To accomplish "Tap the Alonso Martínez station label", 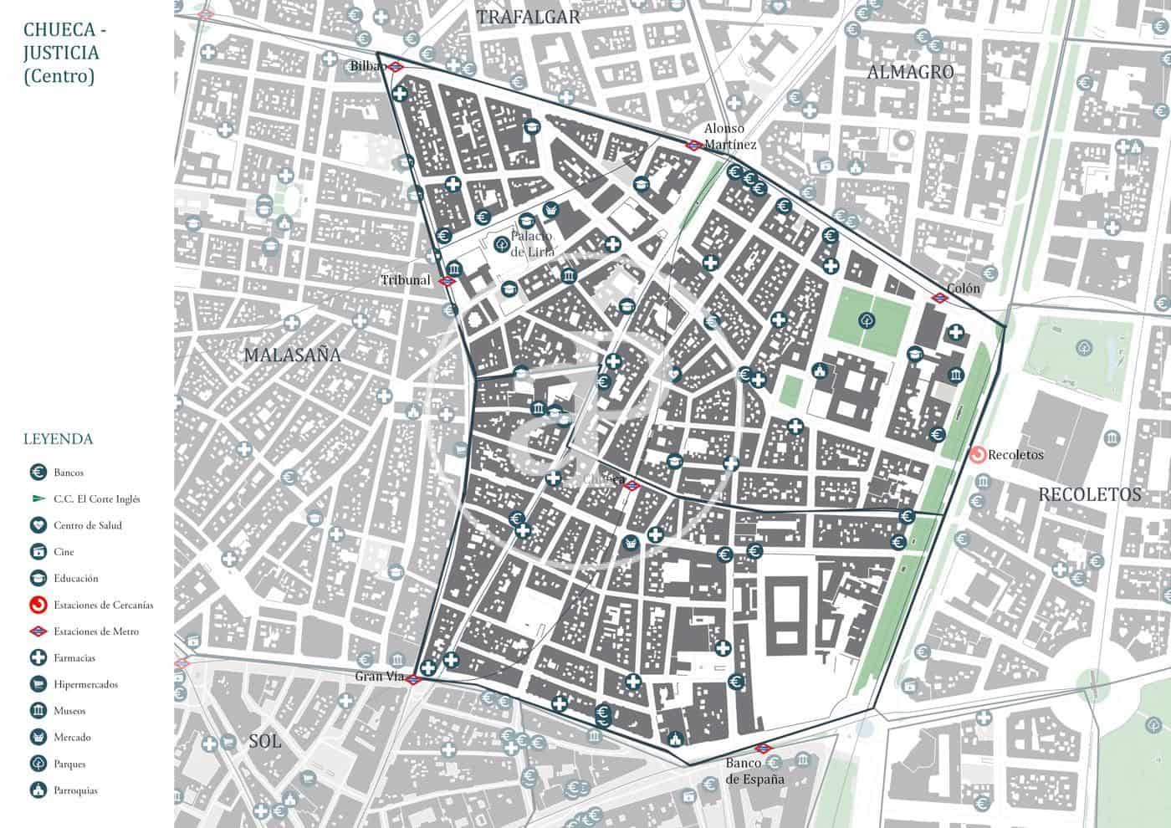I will pos(729,136).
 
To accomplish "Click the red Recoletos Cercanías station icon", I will pos(977,455).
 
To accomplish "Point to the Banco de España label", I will pos(754,771).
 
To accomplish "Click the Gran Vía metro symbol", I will pos(415,678).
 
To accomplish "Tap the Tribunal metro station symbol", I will pos(447,281).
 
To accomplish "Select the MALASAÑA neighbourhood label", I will pos(293,355).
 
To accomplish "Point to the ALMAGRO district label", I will pos(910,72).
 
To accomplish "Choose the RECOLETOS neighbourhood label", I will pos(1089,494).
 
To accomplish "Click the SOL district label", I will pos(264,741).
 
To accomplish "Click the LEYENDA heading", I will pos(59,439).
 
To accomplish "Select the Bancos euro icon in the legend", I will pos(38,473).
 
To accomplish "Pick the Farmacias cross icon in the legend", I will pos(38,658).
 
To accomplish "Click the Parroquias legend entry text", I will pos(75,790).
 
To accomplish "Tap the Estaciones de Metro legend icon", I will pos(38,631).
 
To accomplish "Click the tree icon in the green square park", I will pos(867,319).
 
